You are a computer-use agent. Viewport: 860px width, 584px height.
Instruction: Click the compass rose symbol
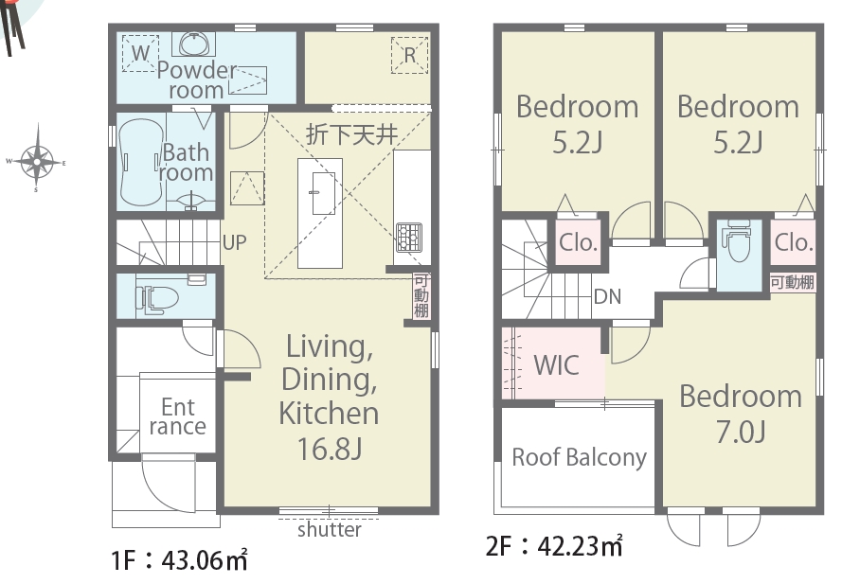coord(37,161)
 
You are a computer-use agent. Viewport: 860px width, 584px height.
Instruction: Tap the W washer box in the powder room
coord(140,53)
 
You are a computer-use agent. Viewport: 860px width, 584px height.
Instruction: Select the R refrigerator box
coord(410,55)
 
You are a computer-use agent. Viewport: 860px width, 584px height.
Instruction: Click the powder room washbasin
coord(193,44)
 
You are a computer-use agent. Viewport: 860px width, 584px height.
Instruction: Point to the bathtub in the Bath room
coord(141,162)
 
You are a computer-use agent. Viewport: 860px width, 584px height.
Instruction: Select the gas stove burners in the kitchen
coord(409,237)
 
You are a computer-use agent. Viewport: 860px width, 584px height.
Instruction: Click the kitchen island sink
coord(324,193)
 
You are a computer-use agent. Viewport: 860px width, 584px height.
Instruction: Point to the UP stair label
coord(234,242)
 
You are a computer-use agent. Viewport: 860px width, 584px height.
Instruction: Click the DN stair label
coord(608,296)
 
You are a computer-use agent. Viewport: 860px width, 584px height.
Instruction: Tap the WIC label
coord(556,364)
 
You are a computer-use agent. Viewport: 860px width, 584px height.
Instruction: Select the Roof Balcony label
coord(580,457)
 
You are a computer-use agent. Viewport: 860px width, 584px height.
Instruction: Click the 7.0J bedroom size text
coord(741,432)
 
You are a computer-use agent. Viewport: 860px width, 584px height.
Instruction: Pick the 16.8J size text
coord(329,448)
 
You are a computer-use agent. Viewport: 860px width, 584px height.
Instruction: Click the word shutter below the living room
coord(329,530)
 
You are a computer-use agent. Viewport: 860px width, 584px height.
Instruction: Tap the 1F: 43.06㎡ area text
coord(179,560)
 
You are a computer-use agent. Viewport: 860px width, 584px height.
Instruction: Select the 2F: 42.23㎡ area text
coord(554,545)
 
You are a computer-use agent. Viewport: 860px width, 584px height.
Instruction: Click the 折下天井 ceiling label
coord(351,133)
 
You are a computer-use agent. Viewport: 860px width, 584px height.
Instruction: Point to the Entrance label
coord(178,416)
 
